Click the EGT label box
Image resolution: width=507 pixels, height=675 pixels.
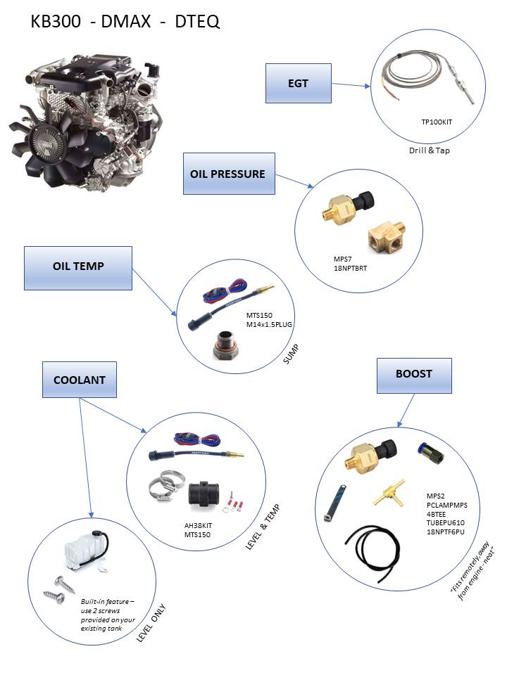tap(298, 83)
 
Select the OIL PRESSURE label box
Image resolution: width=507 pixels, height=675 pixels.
tap(228, 174)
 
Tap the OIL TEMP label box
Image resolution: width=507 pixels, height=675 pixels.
tap(78, 267)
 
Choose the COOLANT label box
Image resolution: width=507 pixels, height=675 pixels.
tap(80, 380)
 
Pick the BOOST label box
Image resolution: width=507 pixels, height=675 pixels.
tap(413, 375)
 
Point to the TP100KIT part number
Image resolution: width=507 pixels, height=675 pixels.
tap(437, 122)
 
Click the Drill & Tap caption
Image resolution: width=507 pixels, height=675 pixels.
tap(429, 150)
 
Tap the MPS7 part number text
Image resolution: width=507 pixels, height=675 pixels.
tap(342, 258)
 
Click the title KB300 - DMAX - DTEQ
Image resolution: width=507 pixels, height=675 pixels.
tap(125, 22)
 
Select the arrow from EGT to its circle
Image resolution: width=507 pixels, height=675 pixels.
tap(350, 85)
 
